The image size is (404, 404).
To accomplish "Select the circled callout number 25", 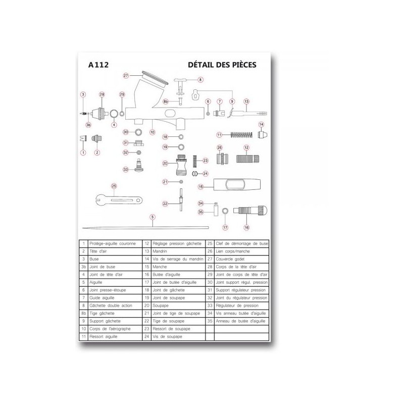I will click(x=114, y=186).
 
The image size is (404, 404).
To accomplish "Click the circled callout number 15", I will click(x=200, y=186).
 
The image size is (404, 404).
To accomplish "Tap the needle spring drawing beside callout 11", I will click(x=241, y=135).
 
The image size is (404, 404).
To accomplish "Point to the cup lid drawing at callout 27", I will click(x=154, y=77).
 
